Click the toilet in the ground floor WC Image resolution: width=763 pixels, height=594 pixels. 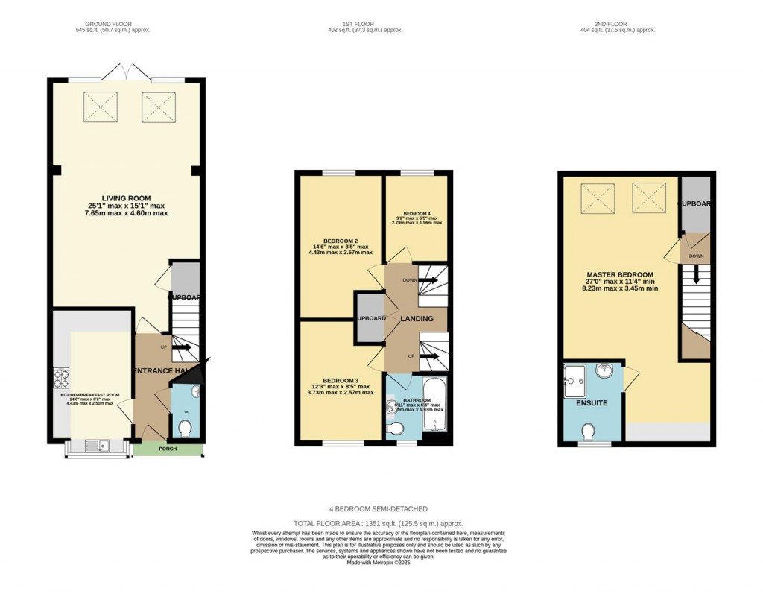point(186,428)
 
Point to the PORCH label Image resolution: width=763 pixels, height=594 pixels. point(168,449)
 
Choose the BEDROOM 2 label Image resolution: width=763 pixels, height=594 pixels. point(341,241)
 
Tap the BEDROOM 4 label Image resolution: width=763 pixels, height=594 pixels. point(417,212)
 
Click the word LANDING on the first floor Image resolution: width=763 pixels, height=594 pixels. point(417,319)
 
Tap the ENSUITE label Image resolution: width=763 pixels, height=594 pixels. point(592,403)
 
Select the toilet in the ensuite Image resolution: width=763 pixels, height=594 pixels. point(589,432)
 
